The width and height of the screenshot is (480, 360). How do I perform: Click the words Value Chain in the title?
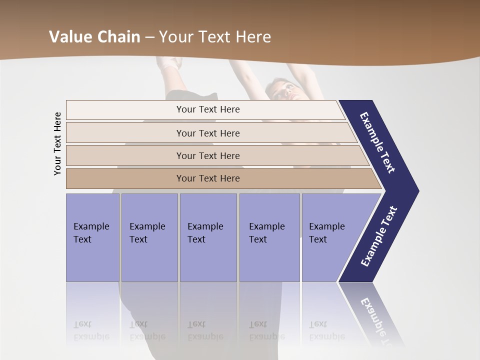tap(94, 37)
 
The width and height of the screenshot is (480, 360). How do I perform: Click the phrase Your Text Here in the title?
tap(215, 37)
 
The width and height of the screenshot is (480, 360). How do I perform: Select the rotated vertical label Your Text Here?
tap(58, 143)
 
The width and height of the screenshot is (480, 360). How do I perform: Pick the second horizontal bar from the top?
tap(207, 133)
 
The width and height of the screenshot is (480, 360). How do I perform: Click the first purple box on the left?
tap(92, 237)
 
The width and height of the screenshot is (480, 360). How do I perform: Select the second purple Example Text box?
tap(149, 237)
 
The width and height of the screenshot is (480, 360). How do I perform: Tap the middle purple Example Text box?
tap(208, 237)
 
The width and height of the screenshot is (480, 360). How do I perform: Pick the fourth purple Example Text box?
tap(269, 237)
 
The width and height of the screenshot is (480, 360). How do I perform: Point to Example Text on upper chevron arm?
tap(378, 143)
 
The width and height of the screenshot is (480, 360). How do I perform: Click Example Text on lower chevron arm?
tap(379, 236)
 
